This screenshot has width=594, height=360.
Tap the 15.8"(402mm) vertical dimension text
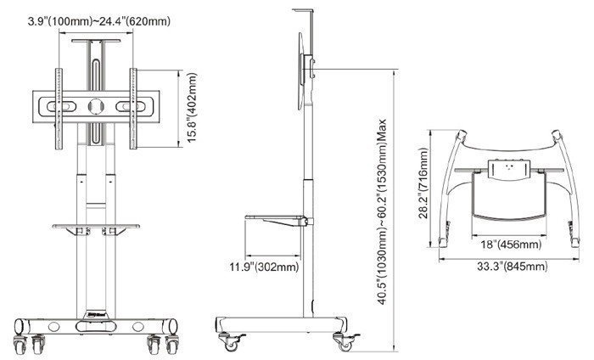pos(193,109)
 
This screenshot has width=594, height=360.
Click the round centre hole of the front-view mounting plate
pos(95,108)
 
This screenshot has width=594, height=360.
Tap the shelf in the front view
pos(95,226)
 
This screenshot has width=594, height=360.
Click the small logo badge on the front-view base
pos(95,313)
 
